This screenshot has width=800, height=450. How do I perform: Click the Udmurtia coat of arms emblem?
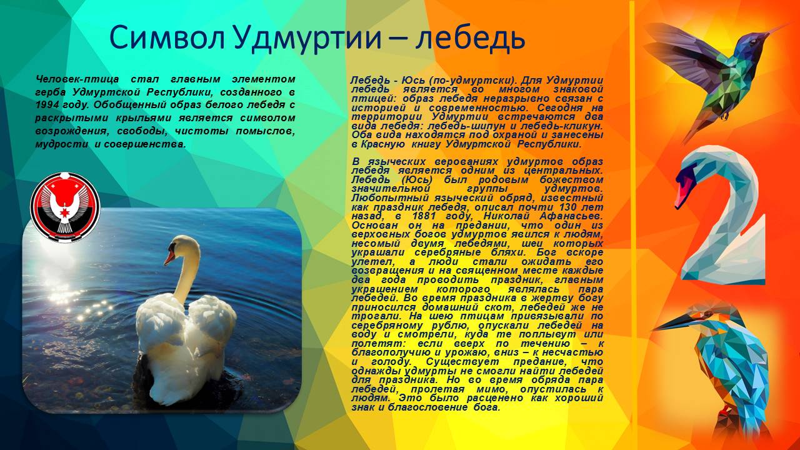pyautogui.click(x=65, y=207)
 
